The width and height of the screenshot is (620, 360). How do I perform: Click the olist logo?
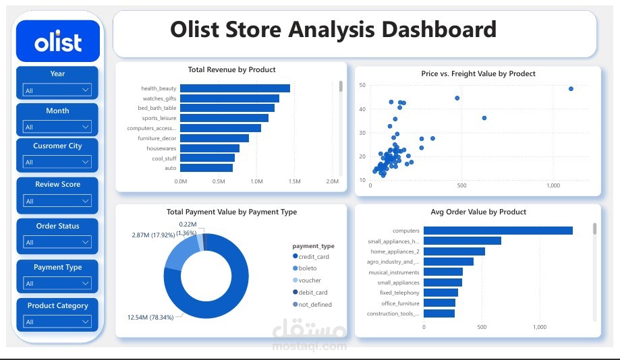pyautogui.click(x=58, y=41)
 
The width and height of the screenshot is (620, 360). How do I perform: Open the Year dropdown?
pyautogui.click(x=57, y=90)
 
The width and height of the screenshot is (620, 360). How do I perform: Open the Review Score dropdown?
pyautogui.click(x=57, y=201)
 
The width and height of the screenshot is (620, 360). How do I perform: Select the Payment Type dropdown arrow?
pyautogui.click(x=85, y=283)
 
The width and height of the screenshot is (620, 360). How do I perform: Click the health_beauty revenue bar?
pyautogui.click(x=235, y=88)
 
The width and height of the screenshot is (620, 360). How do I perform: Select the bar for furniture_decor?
pyautogui.click(x=215, y=138)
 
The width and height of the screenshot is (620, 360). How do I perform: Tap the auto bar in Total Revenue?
pyautogui.click(x=206, y=168)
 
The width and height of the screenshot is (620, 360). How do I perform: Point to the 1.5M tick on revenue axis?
pyautogui.click(x=294, y=181)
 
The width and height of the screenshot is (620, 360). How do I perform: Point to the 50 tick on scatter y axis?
pyautogui.click(x=362, y=85)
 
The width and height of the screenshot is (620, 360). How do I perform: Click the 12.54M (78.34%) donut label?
pyautogui.click(x=150, y=318)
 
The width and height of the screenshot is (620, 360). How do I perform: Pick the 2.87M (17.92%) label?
pyautogui.click(x=153, y=235)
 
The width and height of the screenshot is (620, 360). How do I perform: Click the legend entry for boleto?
pyautogui.click(x=304, y=268)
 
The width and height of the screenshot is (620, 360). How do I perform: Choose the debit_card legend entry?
pyautogui.click(x=310, y=293)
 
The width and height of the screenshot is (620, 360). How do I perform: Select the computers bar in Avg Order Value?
pyautogui.click(x=498, y=231)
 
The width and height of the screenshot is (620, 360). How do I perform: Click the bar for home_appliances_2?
pyautogui.click(x=454, y=251)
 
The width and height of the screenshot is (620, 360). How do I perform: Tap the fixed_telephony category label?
pyautogui.click(x=399, y=293)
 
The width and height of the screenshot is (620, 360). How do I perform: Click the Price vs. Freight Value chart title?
pyautogui.click(x=478, y=73)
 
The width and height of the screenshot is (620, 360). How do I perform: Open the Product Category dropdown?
pyautogui.click(x=57, y=322)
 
